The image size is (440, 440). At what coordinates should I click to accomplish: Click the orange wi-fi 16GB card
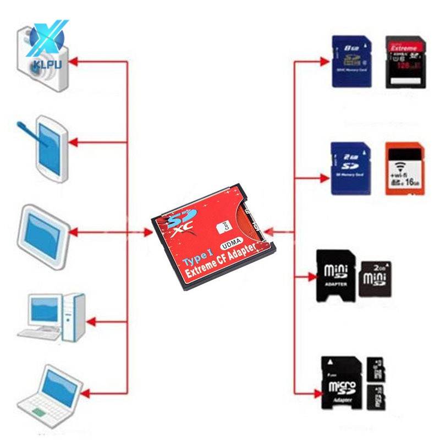tap(405, 169)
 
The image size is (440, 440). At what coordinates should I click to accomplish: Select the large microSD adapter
tap(341, 382)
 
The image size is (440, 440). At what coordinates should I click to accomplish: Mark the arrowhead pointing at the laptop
tap(87, 392)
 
